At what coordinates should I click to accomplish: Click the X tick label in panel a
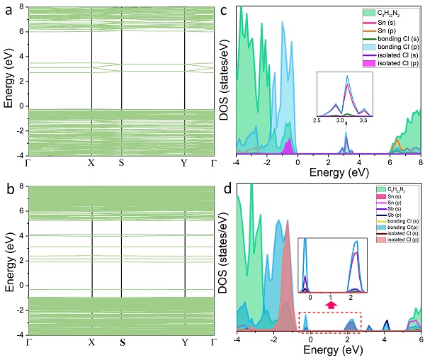coord(91,162)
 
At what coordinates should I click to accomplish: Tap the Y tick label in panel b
coord(185,342)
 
